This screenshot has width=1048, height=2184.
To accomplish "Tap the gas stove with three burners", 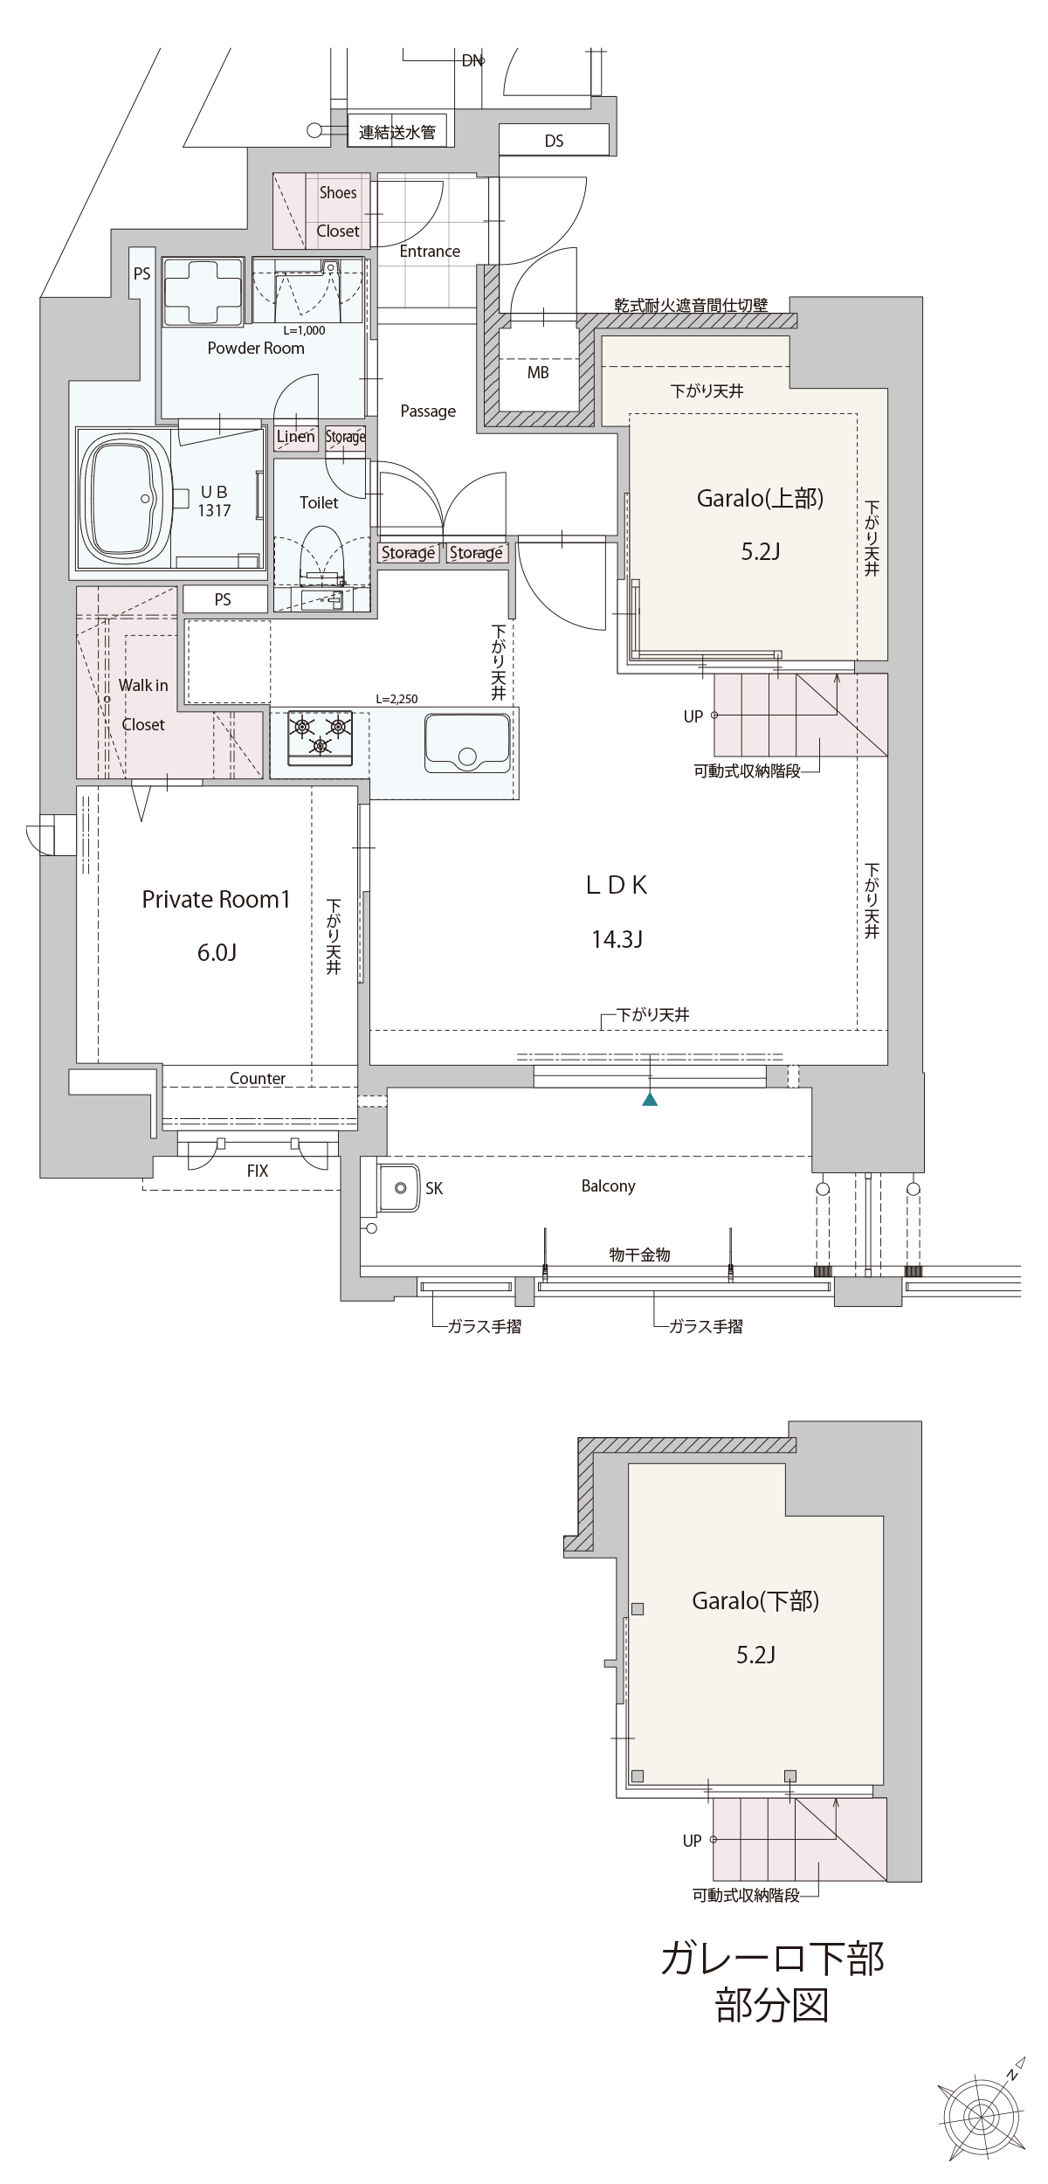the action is click(321, 737).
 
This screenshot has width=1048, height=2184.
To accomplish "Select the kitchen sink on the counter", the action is click(467, 743).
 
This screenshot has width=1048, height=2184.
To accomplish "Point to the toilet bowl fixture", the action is click(320, 556).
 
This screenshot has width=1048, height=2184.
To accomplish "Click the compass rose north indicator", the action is click(982, 2114).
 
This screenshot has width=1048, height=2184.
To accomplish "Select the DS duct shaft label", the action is click(554, 141).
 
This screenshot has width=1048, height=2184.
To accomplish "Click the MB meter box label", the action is click(538, 373).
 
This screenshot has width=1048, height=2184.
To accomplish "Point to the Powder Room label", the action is click(256, 348).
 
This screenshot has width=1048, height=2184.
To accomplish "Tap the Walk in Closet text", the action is click(143, 705).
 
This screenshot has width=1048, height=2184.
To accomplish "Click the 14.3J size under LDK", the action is click(617, 939).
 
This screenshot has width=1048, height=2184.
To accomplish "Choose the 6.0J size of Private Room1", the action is click(217, 952).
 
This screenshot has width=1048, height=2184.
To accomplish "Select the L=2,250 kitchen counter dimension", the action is click(396, 699).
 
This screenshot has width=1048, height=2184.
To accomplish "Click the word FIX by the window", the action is click(258, 1171).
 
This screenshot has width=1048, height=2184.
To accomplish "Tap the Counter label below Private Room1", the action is click(258, 1079).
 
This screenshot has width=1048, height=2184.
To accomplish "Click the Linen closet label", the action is click(295, 436).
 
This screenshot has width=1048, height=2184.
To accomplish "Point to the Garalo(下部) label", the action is click(755, 1601).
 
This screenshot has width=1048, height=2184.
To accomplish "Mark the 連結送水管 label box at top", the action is click(397, 132).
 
